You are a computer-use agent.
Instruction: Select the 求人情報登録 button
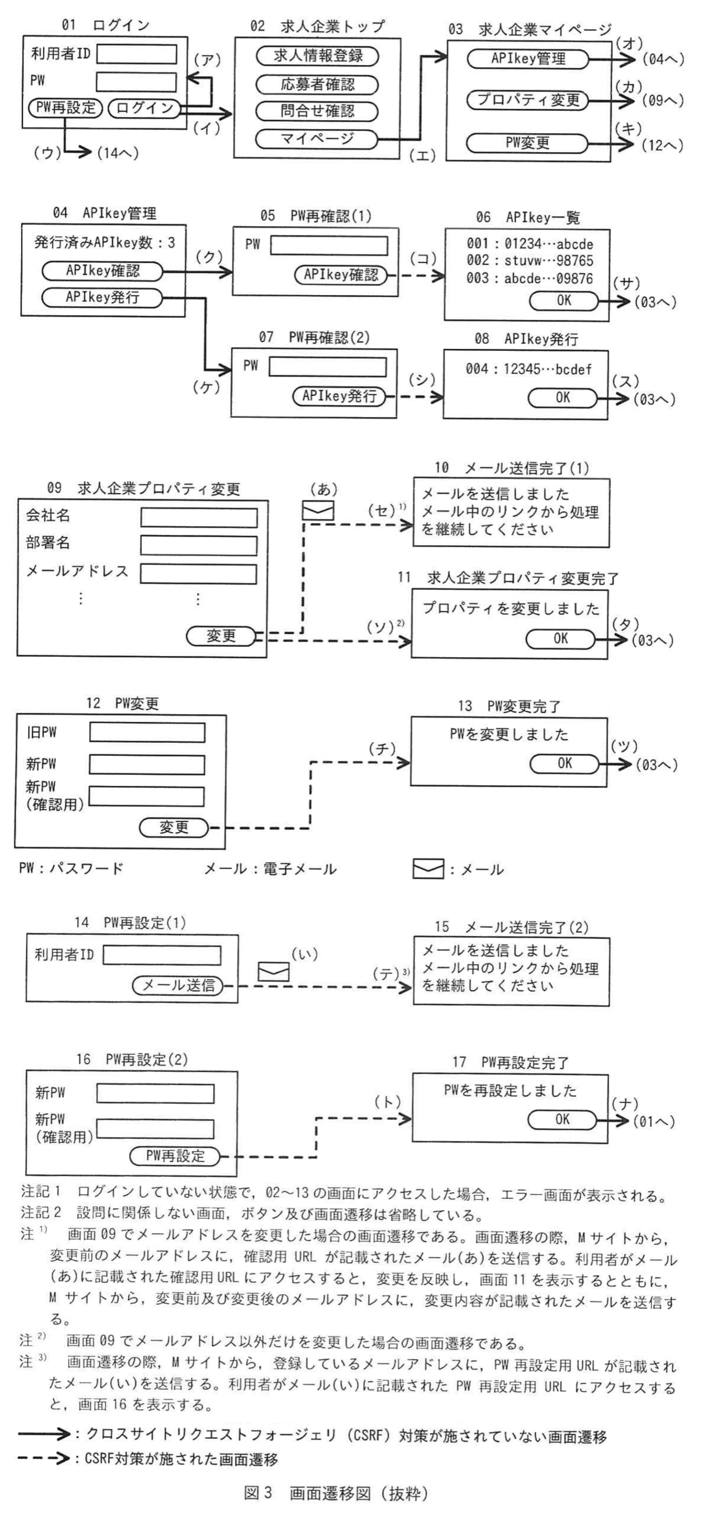[x=317, y=56]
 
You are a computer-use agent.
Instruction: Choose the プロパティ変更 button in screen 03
[x=528, y=100]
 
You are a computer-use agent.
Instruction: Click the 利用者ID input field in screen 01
[x=136, y=54]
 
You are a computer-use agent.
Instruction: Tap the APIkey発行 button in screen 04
[x=102, y=297]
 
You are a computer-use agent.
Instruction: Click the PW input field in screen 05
[x=329, y=245]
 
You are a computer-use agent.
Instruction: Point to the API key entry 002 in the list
[x=529, y=261]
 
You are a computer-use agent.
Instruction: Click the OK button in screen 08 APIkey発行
[x=563, y=397]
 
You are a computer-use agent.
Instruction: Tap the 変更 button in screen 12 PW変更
[x=174, y=827]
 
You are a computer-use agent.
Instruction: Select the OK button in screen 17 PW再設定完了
[x=562, y=1119]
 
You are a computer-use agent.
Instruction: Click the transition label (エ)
[x=423, y=155]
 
